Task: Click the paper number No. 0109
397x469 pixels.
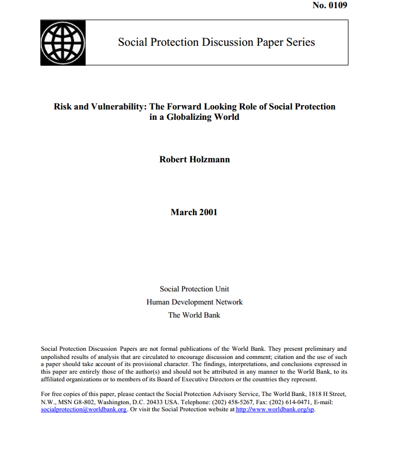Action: pos(329,5)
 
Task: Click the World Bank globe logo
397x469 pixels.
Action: pos(63,42)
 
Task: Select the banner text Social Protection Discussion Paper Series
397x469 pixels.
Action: pos(216,42)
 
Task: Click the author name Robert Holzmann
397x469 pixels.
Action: pos(194,160)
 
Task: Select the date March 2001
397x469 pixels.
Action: pos(194,212)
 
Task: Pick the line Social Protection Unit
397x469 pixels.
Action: pos(194,289)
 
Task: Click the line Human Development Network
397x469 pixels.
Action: pos(194,302)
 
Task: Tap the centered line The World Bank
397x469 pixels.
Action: pos(194,315)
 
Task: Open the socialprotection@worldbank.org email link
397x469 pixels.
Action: pos(84,410)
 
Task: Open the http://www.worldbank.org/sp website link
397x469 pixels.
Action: pos(275,410)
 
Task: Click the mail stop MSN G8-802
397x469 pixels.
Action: pos(75,402)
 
